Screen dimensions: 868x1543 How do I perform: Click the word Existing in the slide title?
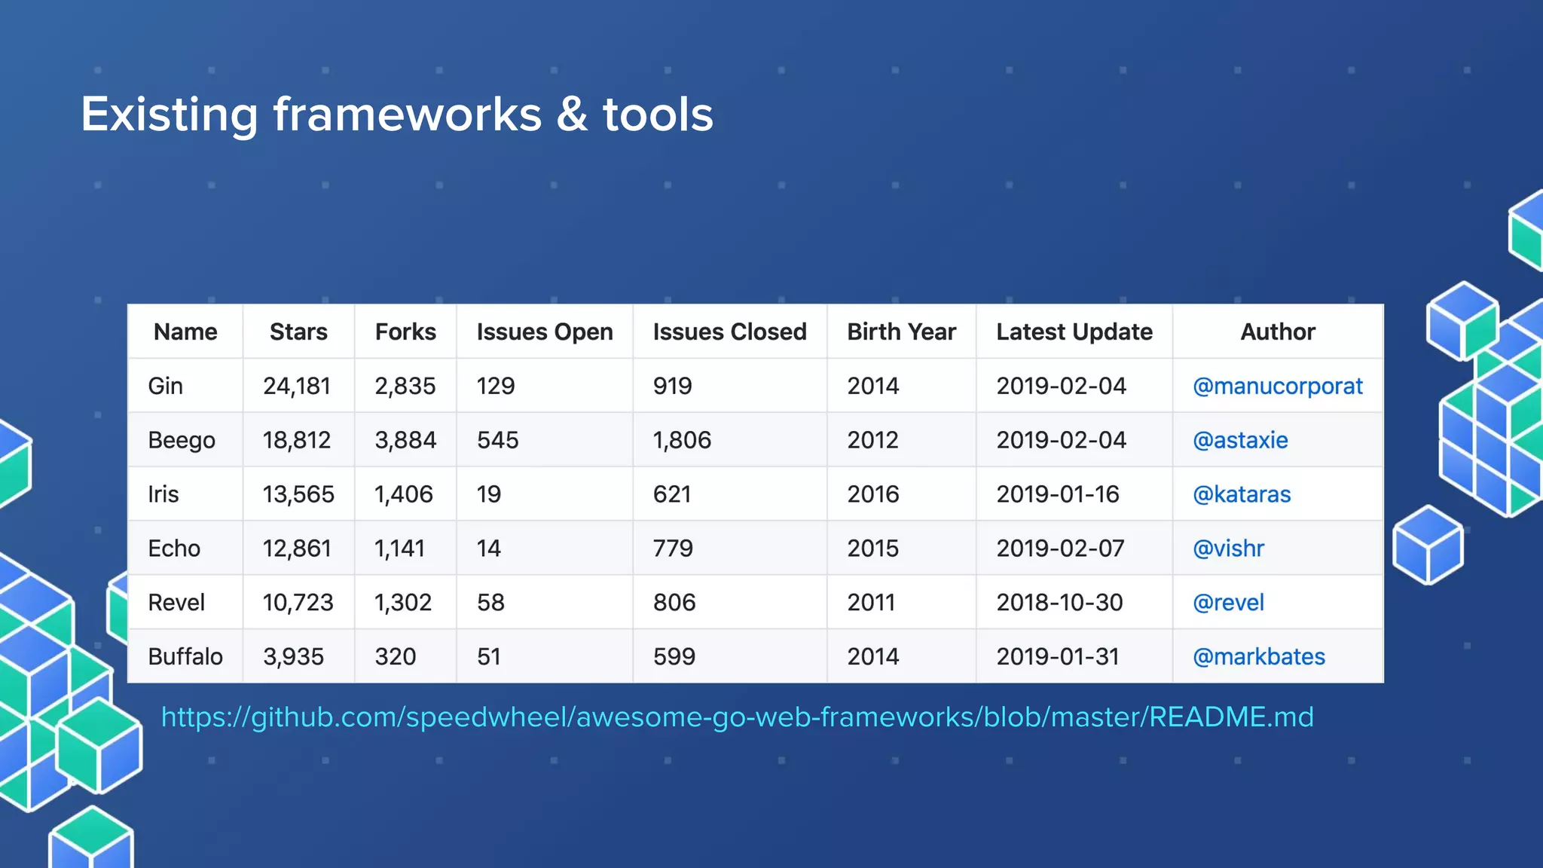[x=169, y=115]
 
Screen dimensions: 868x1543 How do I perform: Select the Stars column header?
[x=298, y=332]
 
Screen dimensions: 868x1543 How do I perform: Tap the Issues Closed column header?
[x=729, y=332]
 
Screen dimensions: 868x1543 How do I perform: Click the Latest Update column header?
[x=1074, y=332]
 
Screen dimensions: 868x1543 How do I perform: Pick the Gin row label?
[x=165, y=387]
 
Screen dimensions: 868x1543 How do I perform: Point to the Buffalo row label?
[x=185, y=657]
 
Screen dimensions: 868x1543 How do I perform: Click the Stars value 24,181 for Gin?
[x=297, y=387]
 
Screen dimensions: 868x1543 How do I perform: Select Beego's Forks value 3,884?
[x=405, y=441]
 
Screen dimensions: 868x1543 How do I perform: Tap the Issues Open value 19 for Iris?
[x=489, y=495]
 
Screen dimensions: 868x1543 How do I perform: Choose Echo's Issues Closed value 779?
[x=673, y=549]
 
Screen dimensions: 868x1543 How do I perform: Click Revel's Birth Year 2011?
[x=871, y=603]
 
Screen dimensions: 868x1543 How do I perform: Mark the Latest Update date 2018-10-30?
[x=1059, y=603]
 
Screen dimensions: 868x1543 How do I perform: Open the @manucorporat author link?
[x=1278, y=387]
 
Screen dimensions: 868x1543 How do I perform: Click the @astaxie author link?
[x=1240, y=441]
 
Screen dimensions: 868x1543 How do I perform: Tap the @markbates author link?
[x=1259, y=657]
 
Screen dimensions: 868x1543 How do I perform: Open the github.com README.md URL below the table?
[x=737, y=717]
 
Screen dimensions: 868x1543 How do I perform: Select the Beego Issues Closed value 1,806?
[x=682, y=441]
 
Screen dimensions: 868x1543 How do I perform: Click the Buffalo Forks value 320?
[x=396, y=657]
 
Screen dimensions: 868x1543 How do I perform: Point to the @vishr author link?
[x=1228, y=549]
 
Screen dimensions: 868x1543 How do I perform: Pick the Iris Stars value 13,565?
[x=298, y=495]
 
